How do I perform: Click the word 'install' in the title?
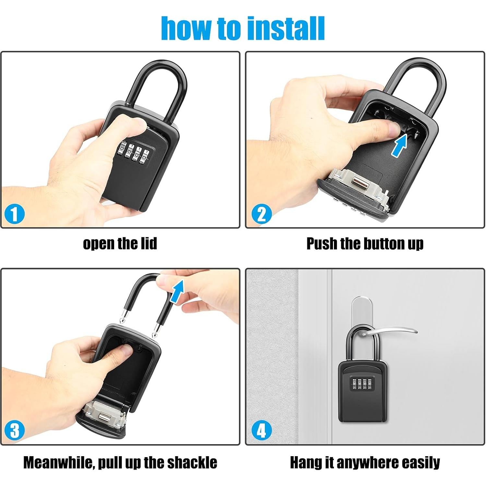tap(286, 29)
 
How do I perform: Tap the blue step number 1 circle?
tap(15, 214)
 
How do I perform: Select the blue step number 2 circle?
tap(262, 214)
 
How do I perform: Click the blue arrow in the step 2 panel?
tap(399, 146)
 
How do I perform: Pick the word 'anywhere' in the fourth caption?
tap(371, 463)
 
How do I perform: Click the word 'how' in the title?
tap(186, 29)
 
